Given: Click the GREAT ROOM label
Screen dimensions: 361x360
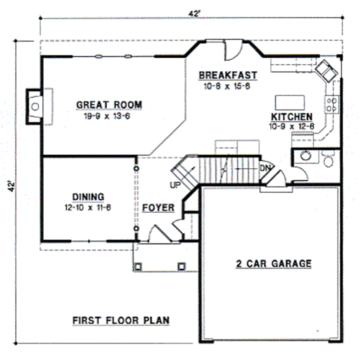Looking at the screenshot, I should (109, 105).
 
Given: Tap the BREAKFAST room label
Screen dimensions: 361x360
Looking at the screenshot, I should (228, 75).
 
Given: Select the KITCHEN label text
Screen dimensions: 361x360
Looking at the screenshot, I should (291, 117).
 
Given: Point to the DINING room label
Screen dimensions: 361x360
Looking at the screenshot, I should (88, 197).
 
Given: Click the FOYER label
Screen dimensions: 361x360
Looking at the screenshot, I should (158, 208).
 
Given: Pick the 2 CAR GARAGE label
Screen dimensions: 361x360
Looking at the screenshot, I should (273, 264).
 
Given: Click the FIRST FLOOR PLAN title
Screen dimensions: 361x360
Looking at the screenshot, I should (121, 321).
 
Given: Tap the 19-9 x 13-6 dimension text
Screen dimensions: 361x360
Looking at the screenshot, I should (107, 116).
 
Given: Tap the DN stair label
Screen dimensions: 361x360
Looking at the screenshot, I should (265, 168).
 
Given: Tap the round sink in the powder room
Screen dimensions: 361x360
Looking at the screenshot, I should (305, 155).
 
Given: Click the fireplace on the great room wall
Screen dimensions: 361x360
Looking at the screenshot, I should (34, 106).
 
